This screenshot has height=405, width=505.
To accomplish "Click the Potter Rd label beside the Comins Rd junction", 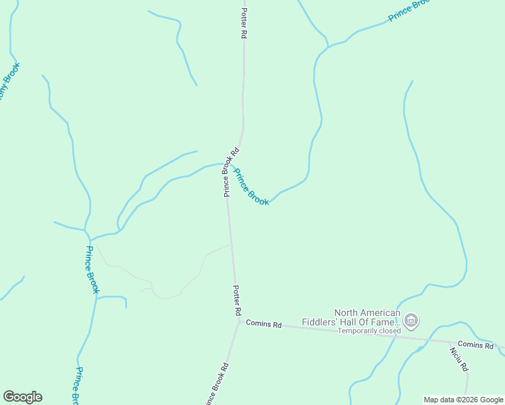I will coord(237,301).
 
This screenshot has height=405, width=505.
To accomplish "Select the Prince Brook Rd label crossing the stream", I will coord(230,173).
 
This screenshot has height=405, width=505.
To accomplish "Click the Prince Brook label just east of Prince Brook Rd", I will coord(251,186).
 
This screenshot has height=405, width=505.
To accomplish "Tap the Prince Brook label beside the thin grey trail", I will coord(92,269).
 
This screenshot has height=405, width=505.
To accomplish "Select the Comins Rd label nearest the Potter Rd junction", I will coord(263,324).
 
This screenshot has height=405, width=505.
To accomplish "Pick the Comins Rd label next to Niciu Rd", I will coord(475,344).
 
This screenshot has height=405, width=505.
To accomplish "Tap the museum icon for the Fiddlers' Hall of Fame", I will coord(412,319).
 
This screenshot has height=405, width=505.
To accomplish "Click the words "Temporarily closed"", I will coord(369,331).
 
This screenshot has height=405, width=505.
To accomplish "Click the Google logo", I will coord(22,397).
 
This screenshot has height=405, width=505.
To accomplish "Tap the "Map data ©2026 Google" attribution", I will coord(464,400).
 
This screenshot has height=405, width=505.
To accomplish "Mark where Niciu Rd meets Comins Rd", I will coord(450,342).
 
